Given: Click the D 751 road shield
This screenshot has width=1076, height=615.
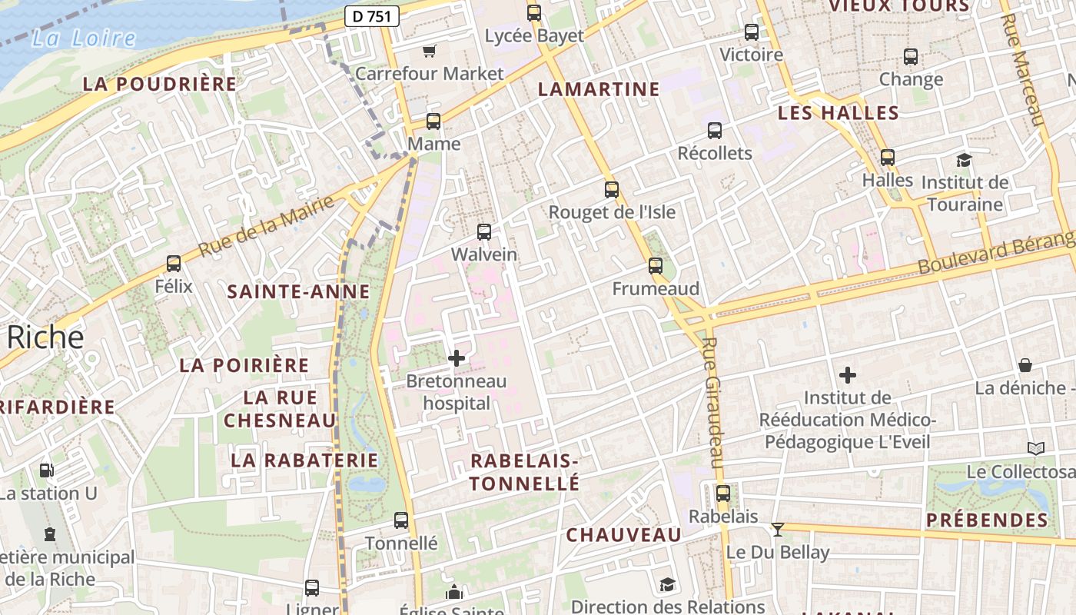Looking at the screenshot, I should [371, 16].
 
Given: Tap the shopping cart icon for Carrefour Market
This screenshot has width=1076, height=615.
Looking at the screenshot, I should [430, 51].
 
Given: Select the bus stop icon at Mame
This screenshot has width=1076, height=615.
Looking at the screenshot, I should [433, 121].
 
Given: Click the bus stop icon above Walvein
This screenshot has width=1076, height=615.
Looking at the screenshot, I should [484, 231].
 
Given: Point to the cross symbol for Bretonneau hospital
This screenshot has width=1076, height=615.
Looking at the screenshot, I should [457, 358].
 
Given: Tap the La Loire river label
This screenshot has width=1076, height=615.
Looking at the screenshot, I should [84, 38].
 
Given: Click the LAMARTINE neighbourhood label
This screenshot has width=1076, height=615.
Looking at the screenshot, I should [599, 89].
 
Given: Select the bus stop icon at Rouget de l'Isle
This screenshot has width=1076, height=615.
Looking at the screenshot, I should [612, 189].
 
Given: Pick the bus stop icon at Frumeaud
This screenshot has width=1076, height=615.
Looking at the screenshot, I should [656, 266].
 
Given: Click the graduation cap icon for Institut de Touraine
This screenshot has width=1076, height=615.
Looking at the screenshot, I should [964, 160].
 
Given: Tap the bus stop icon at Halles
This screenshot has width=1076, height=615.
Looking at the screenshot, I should [888, 158].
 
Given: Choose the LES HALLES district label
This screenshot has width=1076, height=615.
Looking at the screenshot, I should [839, 113].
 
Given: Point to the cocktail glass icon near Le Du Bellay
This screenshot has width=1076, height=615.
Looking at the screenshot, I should [778, 529].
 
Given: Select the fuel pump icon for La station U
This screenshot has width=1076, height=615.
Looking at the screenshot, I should [47, 470].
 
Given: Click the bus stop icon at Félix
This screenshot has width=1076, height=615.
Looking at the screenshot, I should [174, 264].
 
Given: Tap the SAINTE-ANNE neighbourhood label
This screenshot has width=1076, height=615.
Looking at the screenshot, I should [299, 291].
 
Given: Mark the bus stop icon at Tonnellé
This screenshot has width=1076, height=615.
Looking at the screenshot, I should [401, 520].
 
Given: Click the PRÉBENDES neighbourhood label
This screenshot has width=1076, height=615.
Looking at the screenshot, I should [987, 520].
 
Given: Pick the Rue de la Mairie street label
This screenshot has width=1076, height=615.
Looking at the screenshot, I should [267, 226].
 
